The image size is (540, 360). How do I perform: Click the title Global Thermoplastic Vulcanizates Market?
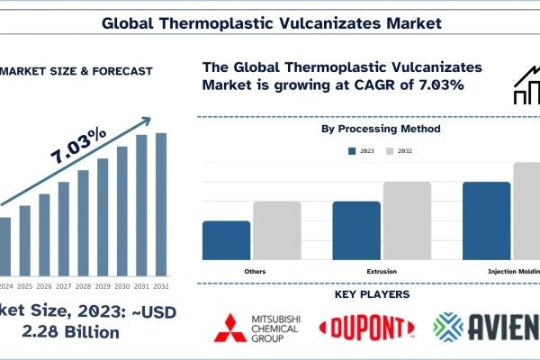tap(270, 19)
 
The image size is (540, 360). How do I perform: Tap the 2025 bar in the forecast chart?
tap(24, 240)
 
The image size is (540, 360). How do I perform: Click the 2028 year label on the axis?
tap(83, 286)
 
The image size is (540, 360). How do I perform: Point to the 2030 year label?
tap(122, 286)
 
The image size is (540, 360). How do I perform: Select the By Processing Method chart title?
tap(381, 130)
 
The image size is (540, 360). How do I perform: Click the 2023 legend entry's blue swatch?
tap(351, 151)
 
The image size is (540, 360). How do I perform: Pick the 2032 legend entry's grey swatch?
tap(390, 151)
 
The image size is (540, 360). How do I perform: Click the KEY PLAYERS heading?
tap(371, 294)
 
